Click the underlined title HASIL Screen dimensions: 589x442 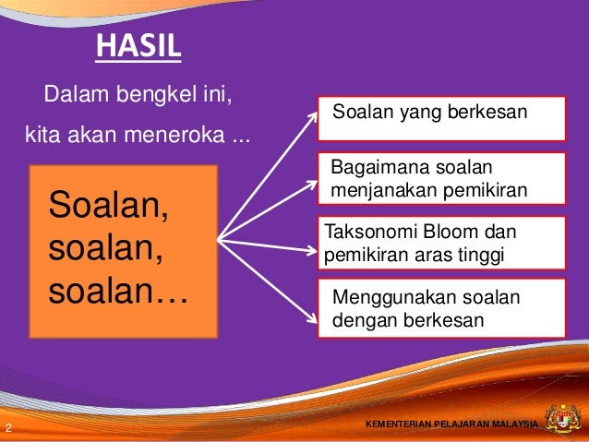click(138, 46)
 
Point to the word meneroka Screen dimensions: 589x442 click(174, 135)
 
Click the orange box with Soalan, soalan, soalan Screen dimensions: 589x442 click(124, 252)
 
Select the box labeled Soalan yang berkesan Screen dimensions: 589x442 click(441, 119)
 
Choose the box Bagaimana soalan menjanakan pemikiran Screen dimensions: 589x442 click(441, 178)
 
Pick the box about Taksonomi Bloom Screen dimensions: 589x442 click(441, 243)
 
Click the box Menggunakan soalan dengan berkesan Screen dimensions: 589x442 click(441, 308)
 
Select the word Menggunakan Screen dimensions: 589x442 click(394, 298)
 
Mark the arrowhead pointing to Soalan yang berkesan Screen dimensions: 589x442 click(313, 117)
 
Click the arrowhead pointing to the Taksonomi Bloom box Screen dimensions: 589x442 click(312, 250)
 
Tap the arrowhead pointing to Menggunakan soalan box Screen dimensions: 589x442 click(313, 319)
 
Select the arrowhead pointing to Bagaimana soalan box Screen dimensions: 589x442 click(313, 184)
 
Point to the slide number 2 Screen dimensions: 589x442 click(8, 427)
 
